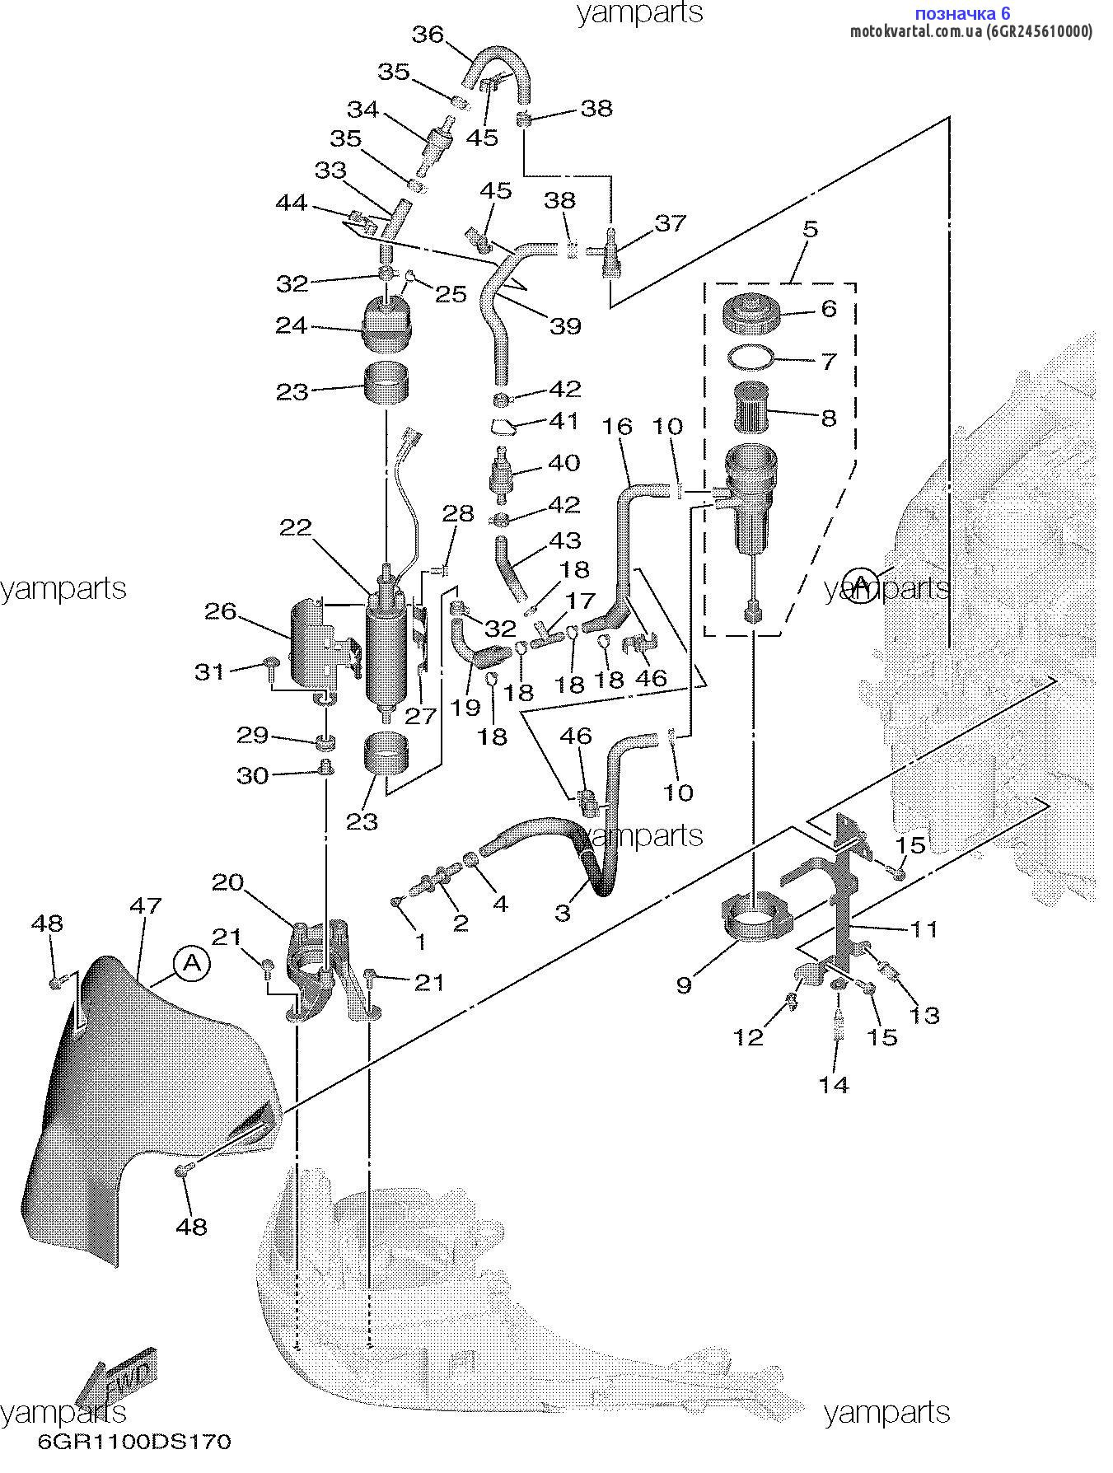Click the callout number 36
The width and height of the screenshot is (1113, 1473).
coord(428,35)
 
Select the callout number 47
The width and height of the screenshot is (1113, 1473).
coord(146,905)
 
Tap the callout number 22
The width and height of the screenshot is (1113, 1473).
coord(296,527)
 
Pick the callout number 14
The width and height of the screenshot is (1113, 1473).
coord(834,1084)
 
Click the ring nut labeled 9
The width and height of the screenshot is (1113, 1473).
coord(755,917)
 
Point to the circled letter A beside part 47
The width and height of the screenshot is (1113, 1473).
coord(192,963)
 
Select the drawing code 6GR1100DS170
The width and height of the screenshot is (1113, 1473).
coord(134,1442)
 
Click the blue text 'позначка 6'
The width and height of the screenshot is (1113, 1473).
coord(962,13)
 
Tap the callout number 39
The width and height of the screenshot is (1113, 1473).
coord(565,325)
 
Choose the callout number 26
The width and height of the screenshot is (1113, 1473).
coord(221,611)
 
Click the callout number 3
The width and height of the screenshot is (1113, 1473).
coord(563,912)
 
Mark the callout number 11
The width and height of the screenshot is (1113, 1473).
coord(924,928)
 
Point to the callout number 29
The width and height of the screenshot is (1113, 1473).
coord(253,735)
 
